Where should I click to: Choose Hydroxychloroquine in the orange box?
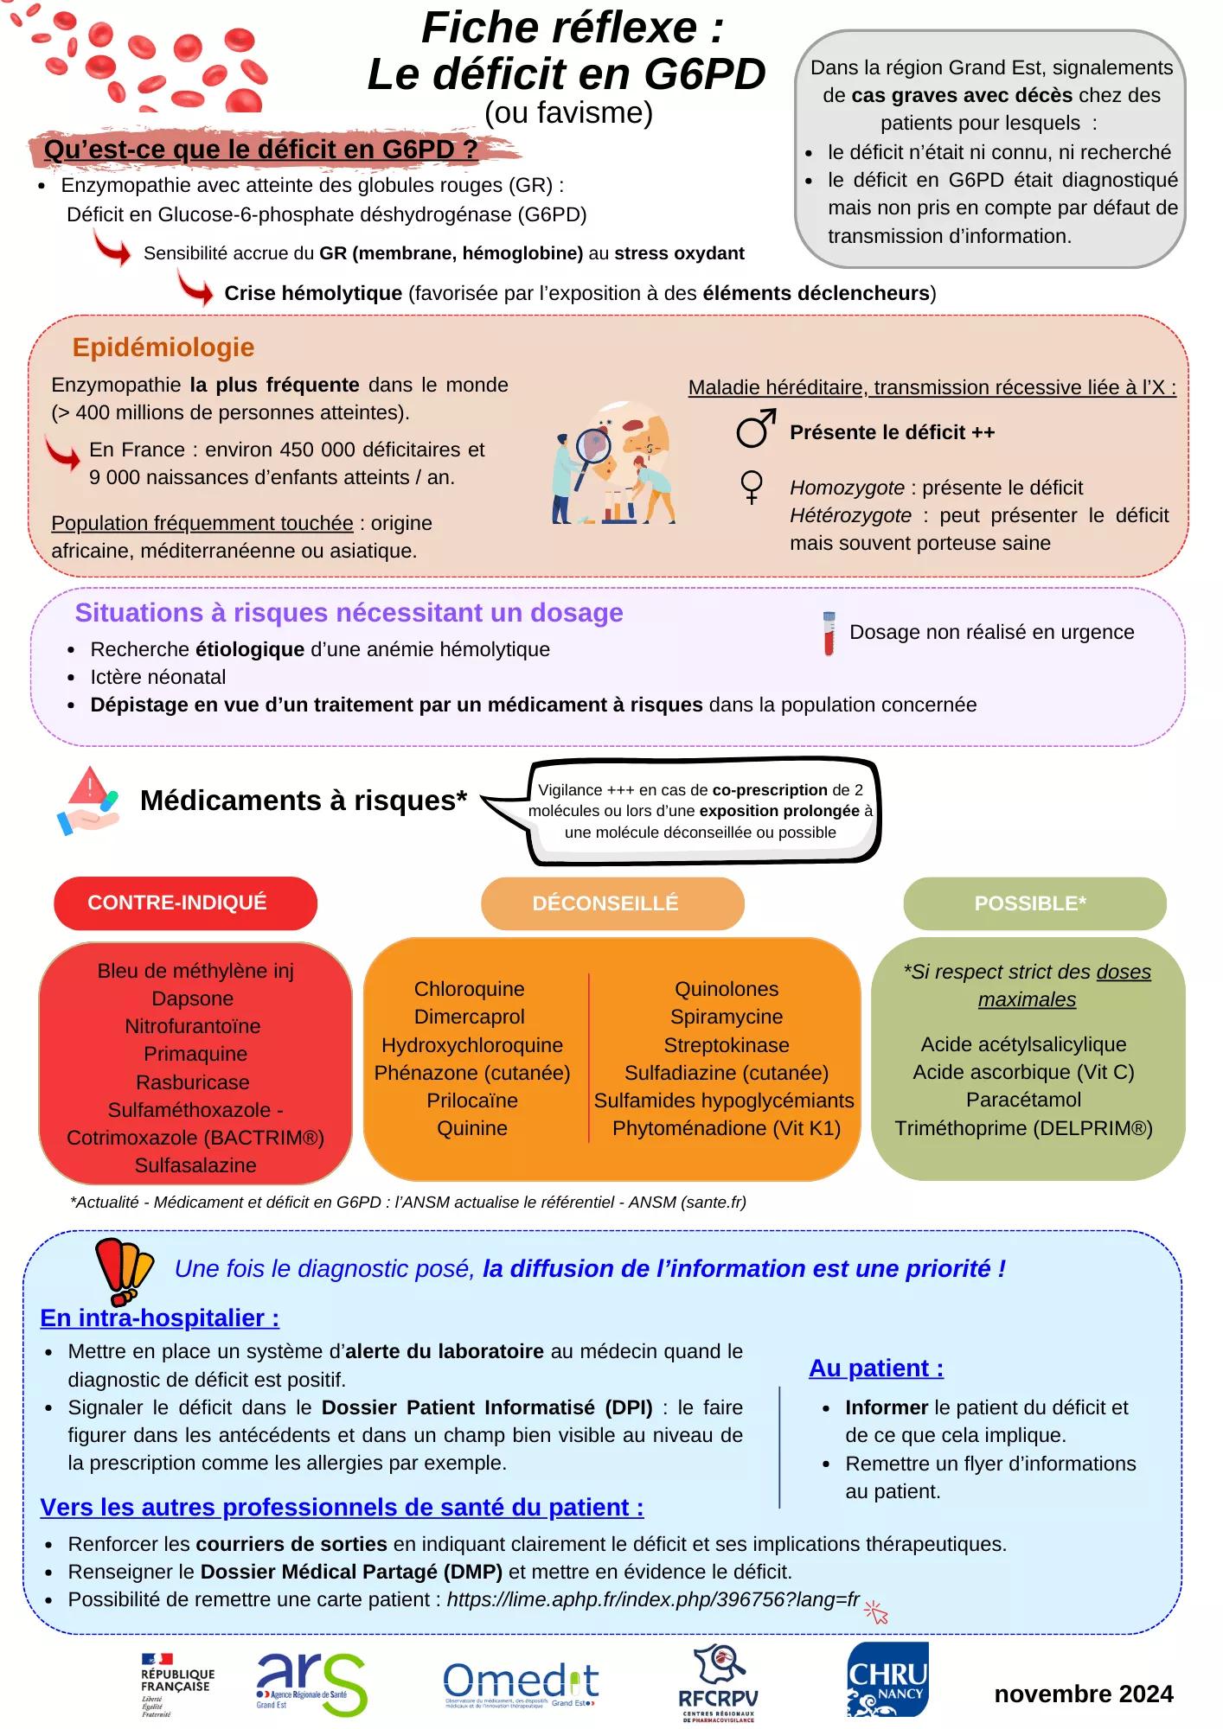(472, 1045)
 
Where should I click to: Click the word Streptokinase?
(727, 1045)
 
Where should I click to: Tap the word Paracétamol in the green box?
(1023, 1100)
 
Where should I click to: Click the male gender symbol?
(755, 428)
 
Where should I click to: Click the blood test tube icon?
(829, 634)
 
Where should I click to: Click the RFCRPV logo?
(717, 1683)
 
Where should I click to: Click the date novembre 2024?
(1083, 1694)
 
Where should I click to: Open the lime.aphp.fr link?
(653, 1599)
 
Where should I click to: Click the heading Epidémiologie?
(163, 348)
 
